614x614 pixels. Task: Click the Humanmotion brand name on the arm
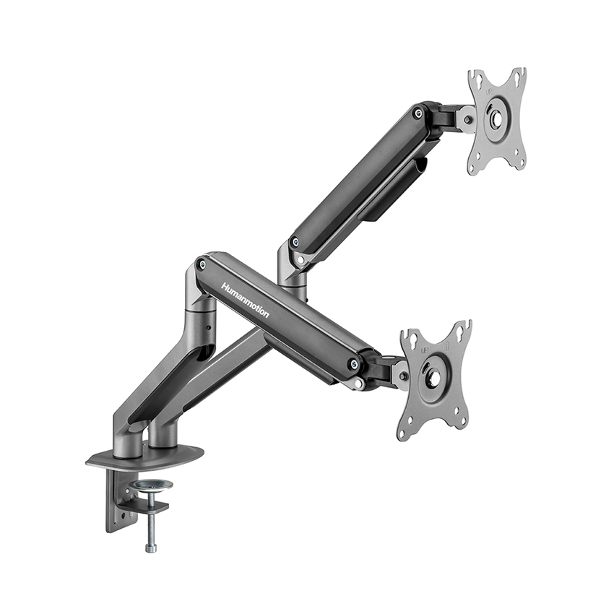[245, 300]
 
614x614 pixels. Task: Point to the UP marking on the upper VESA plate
[487, 93]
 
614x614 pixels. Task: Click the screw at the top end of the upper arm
[418, 113]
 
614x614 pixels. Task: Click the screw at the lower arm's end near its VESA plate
[353, 365]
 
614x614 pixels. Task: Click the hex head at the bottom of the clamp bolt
[151, 548]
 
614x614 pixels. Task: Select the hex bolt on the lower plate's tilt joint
[402, 376]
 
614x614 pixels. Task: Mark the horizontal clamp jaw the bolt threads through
[144, 508]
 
